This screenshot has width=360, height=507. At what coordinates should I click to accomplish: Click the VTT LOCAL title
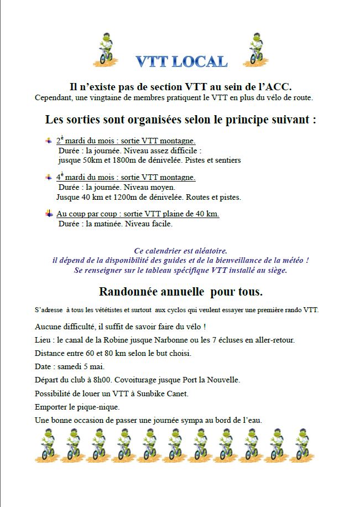pos(181,61)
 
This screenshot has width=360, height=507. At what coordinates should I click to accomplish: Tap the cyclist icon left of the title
pos(105,50)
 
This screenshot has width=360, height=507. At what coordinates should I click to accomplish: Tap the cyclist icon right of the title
pos(256,50)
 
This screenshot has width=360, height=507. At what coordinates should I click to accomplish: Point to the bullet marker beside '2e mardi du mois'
pos(49,141)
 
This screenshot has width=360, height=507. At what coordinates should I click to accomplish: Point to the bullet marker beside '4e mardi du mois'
pos(49,177)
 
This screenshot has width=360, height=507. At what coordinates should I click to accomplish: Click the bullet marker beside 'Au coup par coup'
pos(49,214)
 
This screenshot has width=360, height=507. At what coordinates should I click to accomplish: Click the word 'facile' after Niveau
pos(161,224)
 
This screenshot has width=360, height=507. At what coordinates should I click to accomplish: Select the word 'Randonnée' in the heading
pos(125,291)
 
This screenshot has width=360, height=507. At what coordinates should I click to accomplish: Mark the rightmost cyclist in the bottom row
pos(301,444)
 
